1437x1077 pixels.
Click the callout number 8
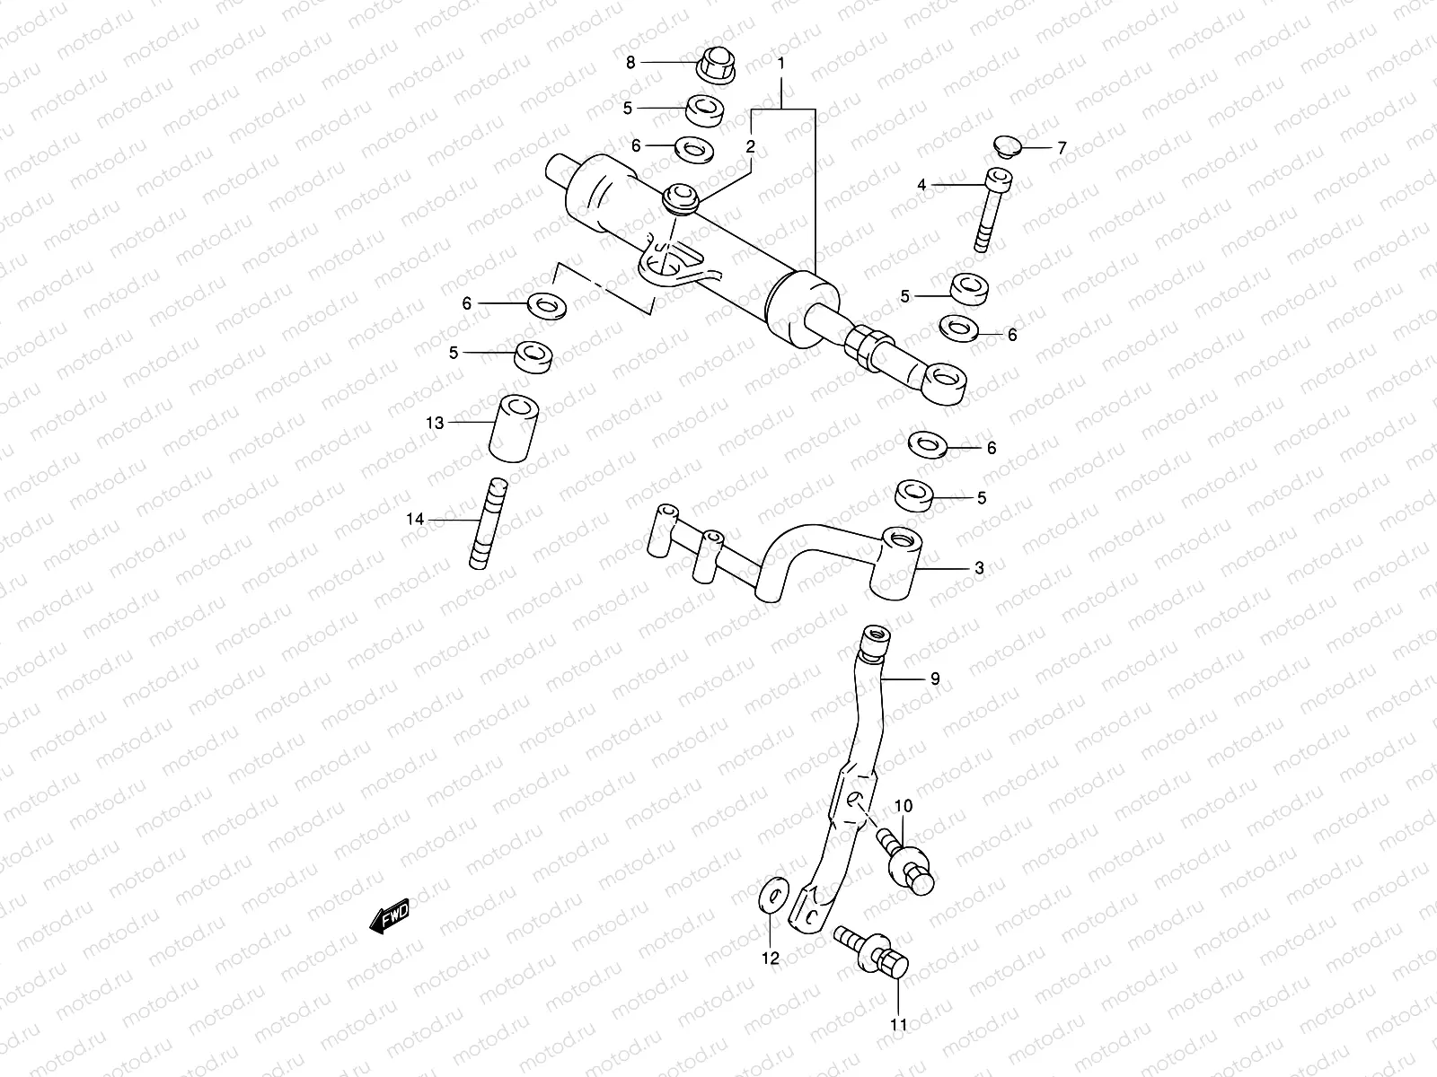[630, 62]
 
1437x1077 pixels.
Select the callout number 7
[1062, 148]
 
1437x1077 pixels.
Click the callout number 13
[435, 422]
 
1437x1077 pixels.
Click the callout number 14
[414, 519]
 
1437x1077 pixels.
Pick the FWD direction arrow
[389, 918]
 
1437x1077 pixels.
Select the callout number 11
[899, 1024]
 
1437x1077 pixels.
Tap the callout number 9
[934, 679]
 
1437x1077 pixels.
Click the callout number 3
[979, 568]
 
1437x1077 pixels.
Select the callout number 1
[781, 64]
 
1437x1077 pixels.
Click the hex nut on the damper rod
[870, 348]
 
